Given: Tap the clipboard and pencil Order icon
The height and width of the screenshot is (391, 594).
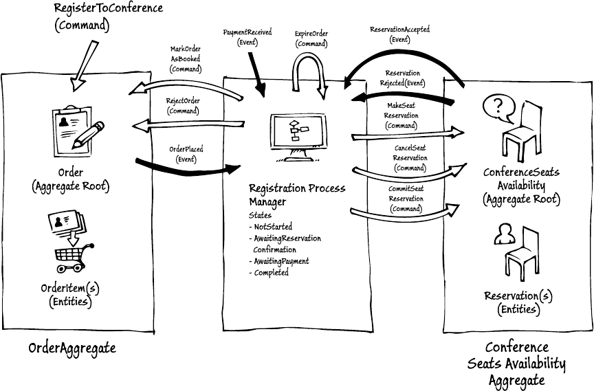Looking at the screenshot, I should pyautogui.click(x=78, y=126).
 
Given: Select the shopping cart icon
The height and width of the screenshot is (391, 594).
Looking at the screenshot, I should pyautogui.click(x=71, y=254).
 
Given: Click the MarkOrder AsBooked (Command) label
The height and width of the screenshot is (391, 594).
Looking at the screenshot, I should pyautogui.click(x=185, y=59).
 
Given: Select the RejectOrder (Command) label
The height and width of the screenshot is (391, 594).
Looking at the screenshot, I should pyautogui.click(x=182, y=106).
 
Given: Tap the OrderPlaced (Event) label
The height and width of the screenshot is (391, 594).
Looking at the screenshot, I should pyautogui.click(x=186, y=154).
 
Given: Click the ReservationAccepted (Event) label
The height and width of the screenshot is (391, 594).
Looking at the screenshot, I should pyautogui.click(x=400, y=34).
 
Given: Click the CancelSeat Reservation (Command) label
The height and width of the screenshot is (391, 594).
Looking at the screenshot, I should pyautogui.click(x=410, y=158).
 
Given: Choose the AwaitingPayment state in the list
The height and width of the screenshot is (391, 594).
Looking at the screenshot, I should pyautogui.click(x=279, y=261).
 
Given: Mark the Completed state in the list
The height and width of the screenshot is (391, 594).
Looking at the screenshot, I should pyautogui.click(x=269, y=273).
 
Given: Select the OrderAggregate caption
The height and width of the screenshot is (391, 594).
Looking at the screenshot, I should pyautogui.click(x=72, y=348).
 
